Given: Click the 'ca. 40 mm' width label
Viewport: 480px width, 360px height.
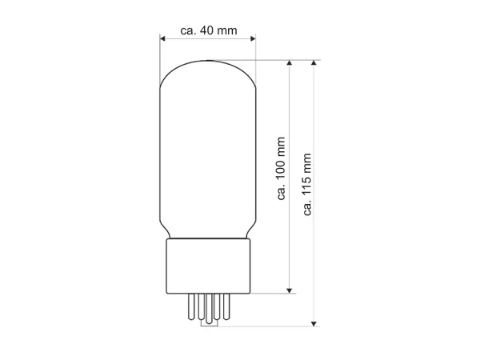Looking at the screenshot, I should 209,30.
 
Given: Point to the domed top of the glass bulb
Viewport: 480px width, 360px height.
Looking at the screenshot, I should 208,68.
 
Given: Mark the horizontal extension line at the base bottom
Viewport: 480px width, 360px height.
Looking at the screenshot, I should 272,293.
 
